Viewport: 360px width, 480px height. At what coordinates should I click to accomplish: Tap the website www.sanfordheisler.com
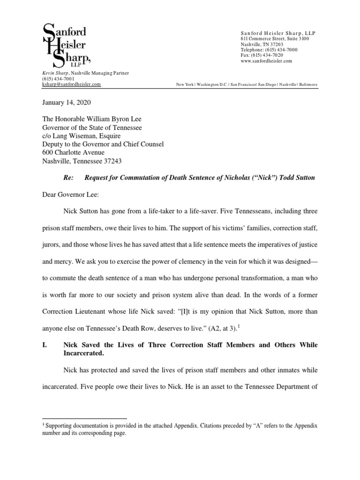coord(266,61)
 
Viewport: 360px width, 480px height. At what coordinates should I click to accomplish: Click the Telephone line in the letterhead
coord(265,50)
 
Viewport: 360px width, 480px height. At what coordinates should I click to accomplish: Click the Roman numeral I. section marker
coord(45,345)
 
